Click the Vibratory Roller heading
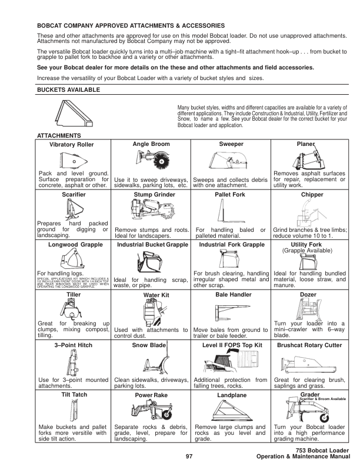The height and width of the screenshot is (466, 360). coord(72,145)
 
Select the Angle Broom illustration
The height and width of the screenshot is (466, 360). coord(151,159)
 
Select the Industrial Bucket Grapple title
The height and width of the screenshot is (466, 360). coord(152,244)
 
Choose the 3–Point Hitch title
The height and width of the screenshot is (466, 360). coord(74,344)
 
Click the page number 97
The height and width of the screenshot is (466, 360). coord(189,457)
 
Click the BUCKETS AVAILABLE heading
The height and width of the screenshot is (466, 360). coord(68,90)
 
